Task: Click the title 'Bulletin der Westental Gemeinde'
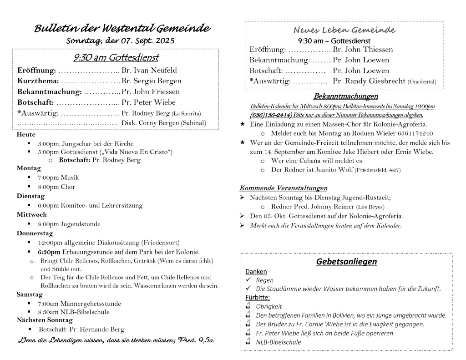(x=122, y=29)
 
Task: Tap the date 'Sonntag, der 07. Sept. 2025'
(x=120, y=41)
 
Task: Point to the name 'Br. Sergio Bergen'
(x=152, y=81)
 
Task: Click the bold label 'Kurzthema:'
(x=38, y=81)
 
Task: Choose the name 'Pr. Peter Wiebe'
(x=148, y=102)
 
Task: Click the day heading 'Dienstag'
(x=30, y=196)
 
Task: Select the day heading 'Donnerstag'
(x=35, y=233)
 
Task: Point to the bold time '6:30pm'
(x=49, y=252)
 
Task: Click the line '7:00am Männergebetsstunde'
(x=80, y=303)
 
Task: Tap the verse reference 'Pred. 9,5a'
(x=198, y=340)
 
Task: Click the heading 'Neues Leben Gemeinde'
(x=344, y=30)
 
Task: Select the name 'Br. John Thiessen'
(x=363, y=50)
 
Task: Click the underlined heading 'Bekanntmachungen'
(x=345, y=96)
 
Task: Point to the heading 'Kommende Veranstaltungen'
(x=283, y=188)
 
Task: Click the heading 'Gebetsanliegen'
(x=346, y=262)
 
